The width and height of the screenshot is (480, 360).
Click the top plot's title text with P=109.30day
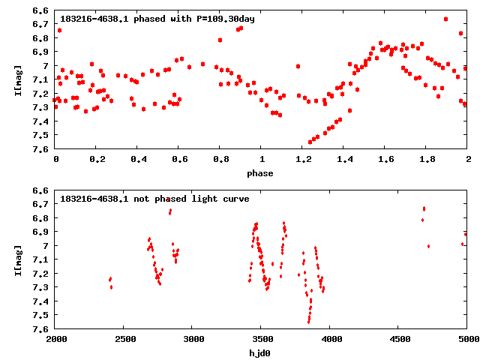coord(157,19)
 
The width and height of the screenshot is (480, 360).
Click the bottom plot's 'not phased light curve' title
coord(154,199)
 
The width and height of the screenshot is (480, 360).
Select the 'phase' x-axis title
coord(262,173)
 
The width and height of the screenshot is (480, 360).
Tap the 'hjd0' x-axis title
coord(262,353)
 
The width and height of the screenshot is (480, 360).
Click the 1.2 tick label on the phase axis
coord(303,160)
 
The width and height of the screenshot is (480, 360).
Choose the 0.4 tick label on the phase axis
coord(138,160)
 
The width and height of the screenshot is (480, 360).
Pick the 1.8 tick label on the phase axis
coord(427,160)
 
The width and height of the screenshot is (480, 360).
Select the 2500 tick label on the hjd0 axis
coord(124,340)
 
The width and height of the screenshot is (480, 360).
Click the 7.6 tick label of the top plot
coord(42,149)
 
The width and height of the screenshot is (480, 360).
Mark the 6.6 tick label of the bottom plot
coord(42,190)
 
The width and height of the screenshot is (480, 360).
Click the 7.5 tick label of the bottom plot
coord(42,315)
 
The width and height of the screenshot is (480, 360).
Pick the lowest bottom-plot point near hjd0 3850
coord(309,322)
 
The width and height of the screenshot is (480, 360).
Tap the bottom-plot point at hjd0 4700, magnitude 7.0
coord(428,246)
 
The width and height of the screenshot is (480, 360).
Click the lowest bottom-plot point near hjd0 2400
coord(111,287)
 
